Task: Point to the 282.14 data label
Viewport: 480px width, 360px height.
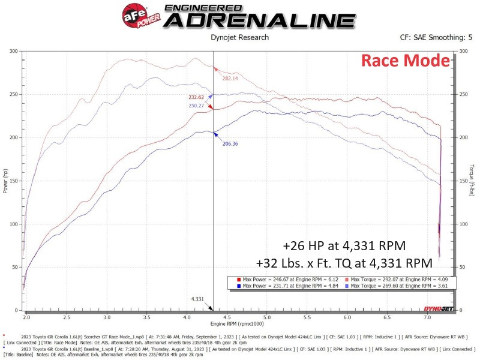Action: click(x=230, y=78)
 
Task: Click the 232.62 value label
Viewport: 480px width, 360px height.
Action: click(x=196, y=97)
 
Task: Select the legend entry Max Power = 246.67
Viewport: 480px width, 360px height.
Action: click(x=287, y=280)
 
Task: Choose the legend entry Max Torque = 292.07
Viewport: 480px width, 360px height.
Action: click(x=397, y=280)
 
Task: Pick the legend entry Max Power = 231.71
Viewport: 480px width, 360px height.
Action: click(x=287, y=287)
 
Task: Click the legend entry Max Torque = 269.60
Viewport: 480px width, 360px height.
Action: click(x=397, y=287)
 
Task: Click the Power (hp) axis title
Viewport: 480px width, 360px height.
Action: click(x=5, y=181)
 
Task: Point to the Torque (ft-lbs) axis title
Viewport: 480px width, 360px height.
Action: click(x=472, y=181)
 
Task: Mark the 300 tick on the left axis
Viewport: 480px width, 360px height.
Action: click(x=14, y=51)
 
